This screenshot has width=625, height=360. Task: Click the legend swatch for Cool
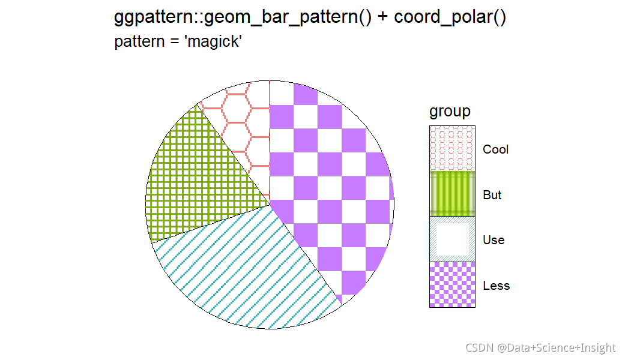[452, 149]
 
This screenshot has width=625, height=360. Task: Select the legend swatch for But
[452, 194]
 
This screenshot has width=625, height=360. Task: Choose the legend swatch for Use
[452, 239]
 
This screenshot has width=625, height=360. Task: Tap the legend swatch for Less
[452, 285]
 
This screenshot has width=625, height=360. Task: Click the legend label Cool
[495, 149]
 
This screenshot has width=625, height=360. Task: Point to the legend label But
[492, 195]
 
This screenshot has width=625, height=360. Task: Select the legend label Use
[494, 240]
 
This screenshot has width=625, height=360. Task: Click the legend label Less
[496, 286]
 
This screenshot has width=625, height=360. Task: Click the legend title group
[450, 111]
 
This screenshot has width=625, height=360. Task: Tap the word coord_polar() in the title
[450, 18]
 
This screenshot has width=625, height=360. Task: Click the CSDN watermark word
[479, 348]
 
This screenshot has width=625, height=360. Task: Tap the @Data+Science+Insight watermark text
[556, 348]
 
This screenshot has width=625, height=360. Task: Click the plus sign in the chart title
[383, 18]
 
